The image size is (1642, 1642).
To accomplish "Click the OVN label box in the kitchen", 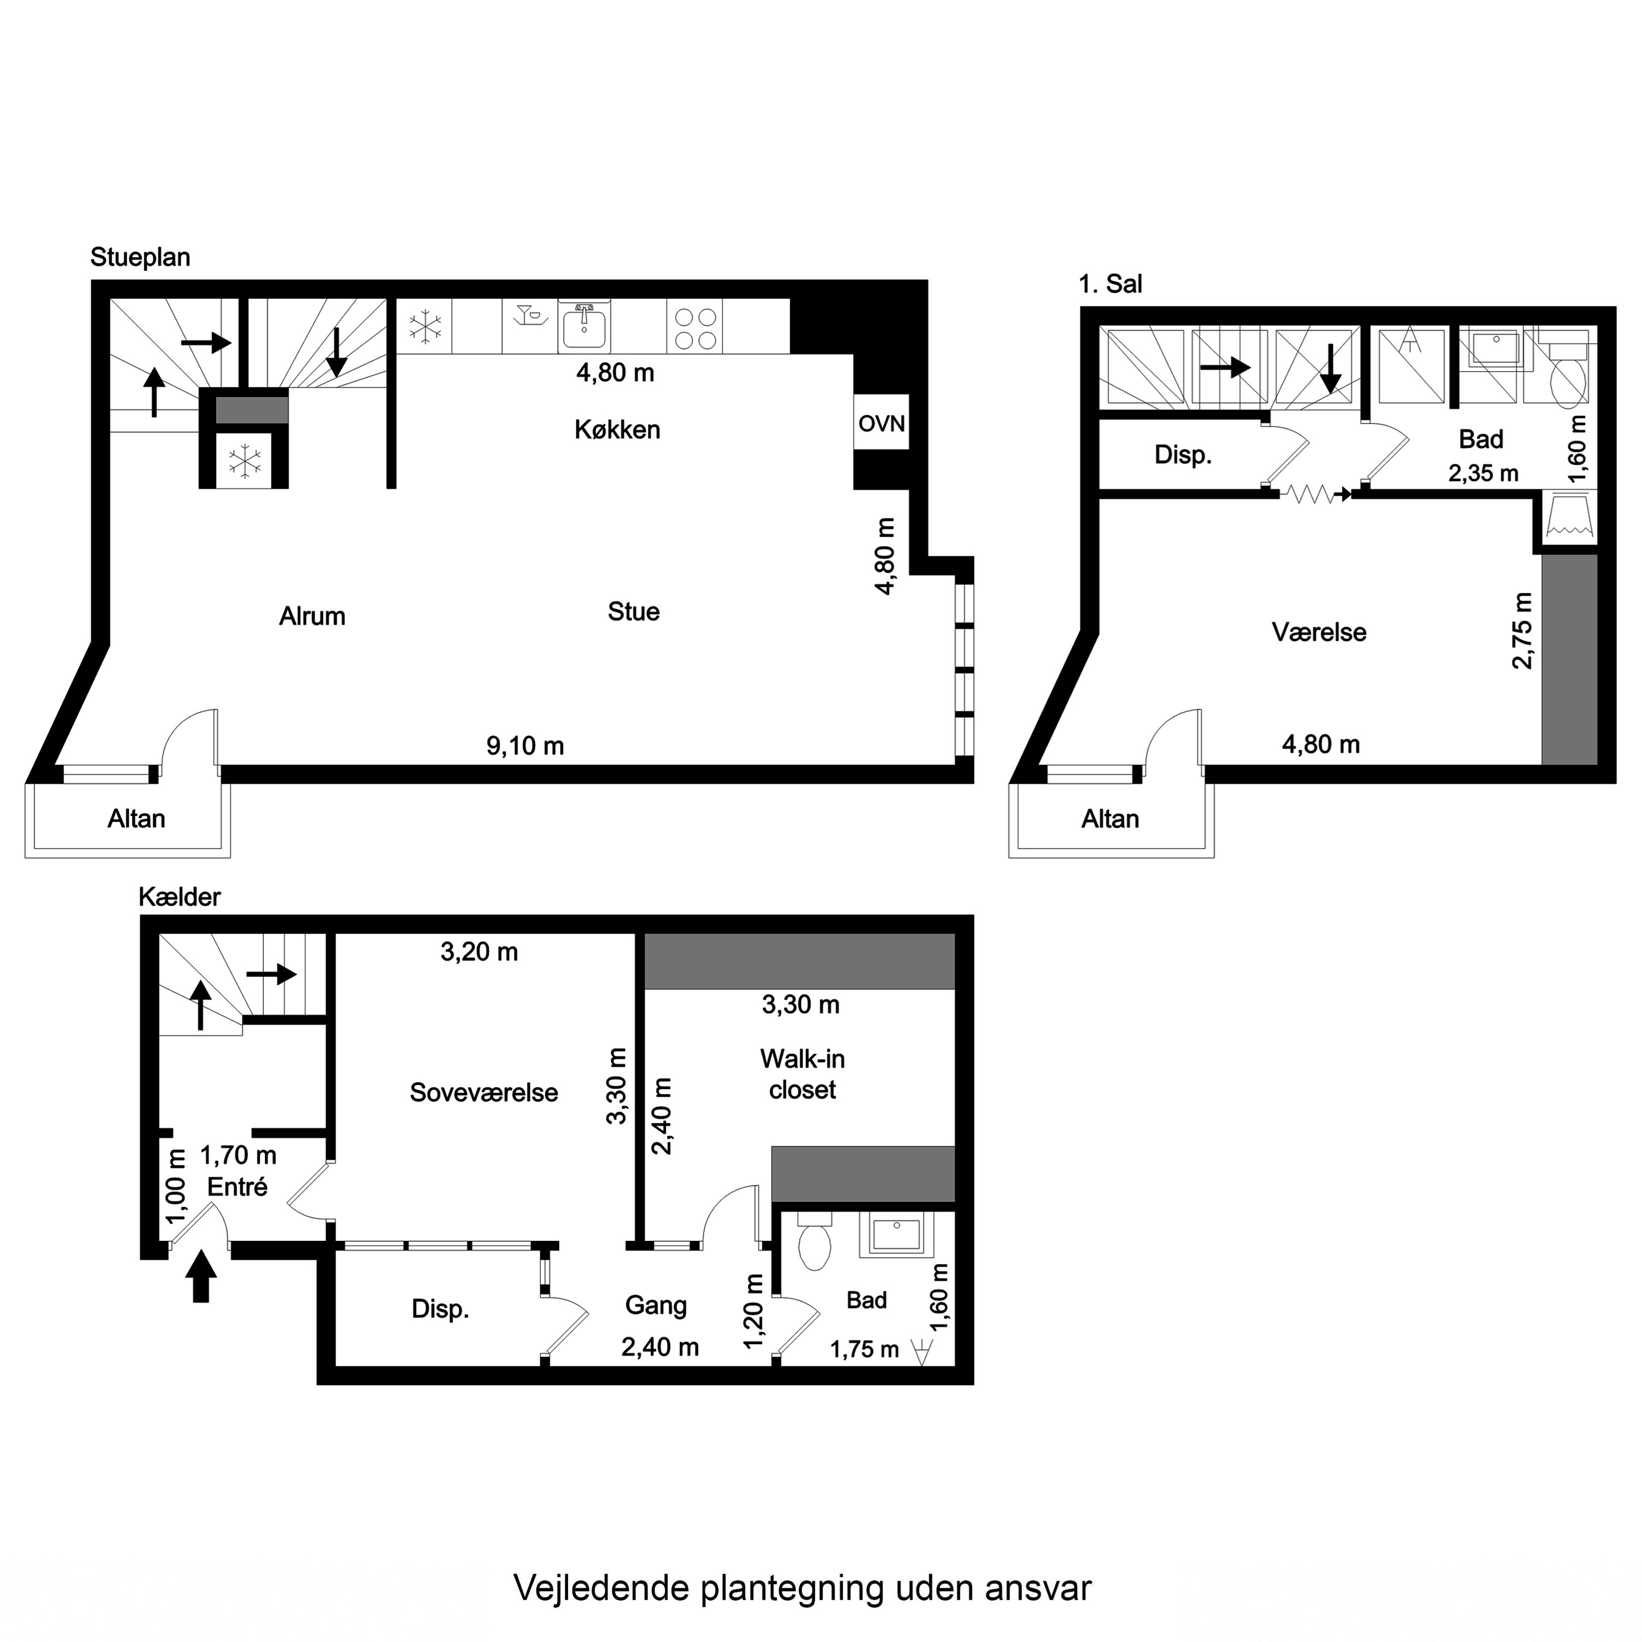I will (881, 423).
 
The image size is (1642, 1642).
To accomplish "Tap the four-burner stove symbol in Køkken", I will (695, 328).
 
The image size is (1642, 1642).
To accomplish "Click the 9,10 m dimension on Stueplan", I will (524, 745).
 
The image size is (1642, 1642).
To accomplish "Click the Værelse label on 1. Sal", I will (1318, 632).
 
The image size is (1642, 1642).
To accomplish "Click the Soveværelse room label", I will (484, 1092).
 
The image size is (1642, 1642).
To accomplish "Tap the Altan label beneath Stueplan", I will (136, 818).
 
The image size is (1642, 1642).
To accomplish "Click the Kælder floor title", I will (180, 897).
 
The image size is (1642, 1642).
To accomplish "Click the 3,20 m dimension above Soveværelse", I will (478, 952).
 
